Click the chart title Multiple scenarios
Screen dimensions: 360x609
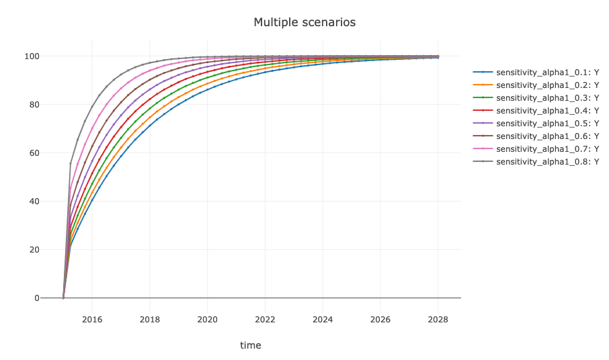click(x=304, y=22)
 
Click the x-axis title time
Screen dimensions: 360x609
click(x=251, y=345)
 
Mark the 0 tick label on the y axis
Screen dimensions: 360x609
click(x=38, y=298)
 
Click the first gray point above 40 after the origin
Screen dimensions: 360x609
click(x=71, y=163)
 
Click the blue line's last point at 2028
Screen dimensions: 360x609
click(x=438, y=58)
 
